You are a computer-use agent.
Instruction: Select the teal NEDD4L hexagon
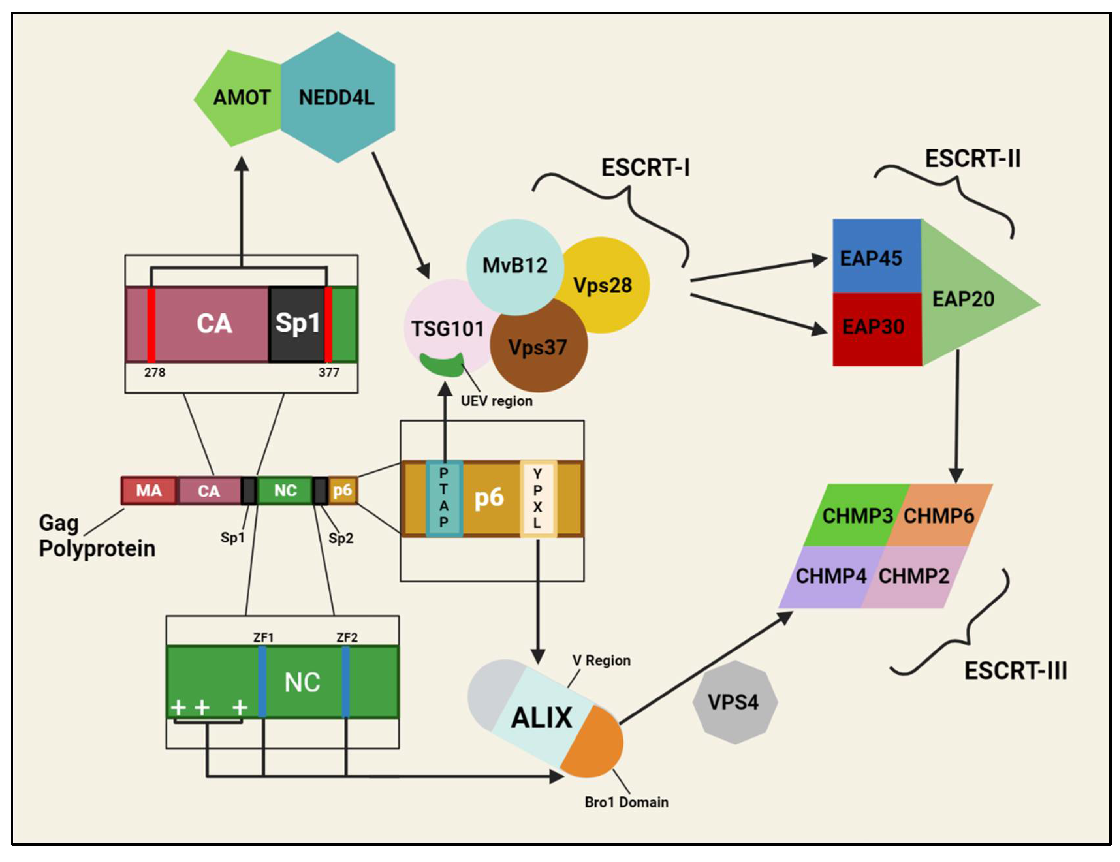tap(338, 98)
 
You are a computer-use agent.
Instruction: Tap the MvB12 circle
tap(514, 266)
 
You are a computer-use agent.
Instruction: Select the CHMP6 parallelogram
tap(939, 515)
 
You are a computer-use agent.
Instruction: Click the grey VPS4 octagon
tap(734, 702)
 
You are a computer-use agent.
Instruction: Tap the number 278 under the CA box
tap(154, 372)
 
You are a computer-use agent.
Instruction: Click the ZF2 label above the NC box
tap(347, 637)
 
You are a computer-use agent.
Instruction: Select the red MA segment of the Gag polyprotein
tap(149, 491)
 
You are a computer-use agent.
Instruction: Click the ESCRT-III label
tap(1016, 671)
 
